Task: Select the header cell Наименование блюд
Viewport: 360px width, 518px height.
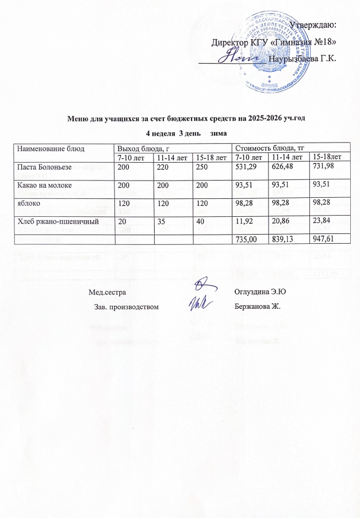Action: pos(51,148)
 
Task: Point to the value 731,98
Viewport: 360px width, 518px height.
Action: pos(325,166)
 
